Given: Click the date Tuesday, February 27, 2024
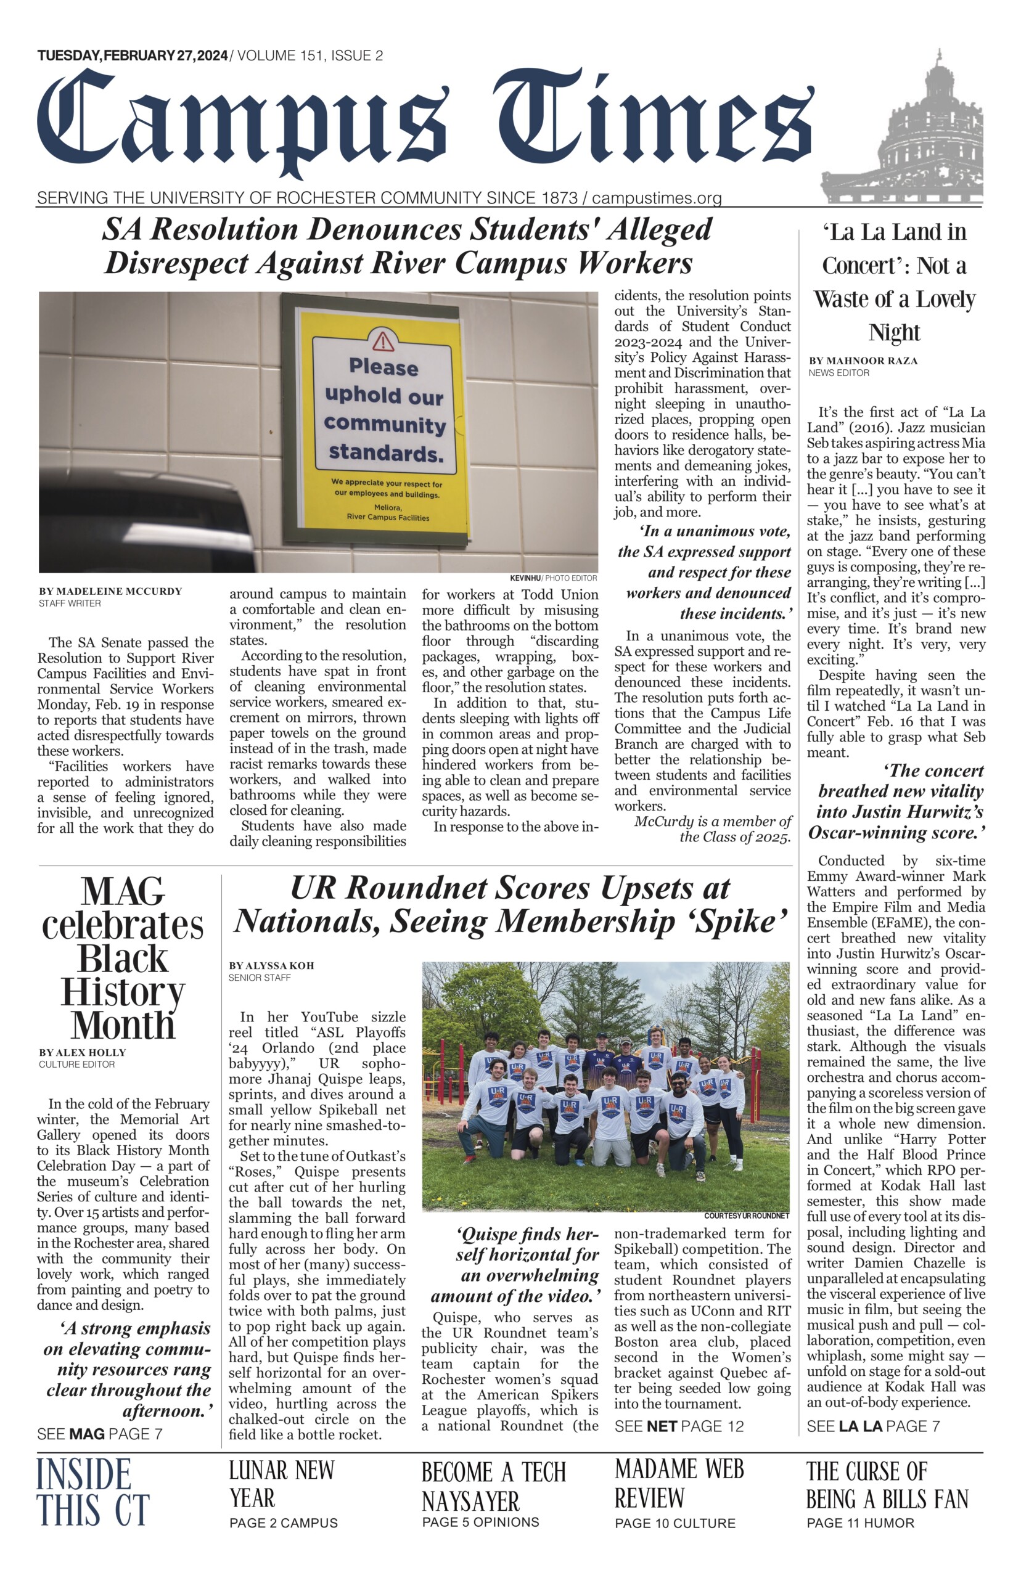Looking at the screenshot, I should (133, 55).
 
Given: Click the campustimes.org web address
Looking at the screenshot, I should (657, 198).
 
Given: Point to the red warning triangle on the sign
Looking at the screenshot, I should (383, 341).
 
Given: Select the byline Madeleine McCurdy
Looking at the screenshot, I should (110, 591).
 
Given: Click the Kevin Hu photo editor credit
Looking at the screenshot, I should (553, 578).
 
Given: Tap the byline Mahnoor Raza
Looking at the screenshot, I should (863, 361).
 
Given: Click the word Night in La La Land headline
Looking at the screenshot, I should (895, 332).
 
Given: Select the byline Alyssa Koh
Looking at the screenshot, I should (271, 966).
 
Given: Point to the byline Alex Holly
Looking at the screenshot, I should (82, 1052).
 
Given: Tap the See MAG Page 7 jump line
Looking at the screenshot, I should (99, 1434).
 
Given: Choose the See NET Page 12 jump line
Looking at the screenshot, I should (679, 1426).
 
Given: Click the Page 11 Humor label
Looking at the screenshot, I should (860, 1523).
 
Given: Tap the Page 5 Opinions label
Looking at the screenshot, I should (480, 1523).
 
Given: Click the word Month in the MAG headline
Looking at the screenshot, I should (123, 1025).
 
